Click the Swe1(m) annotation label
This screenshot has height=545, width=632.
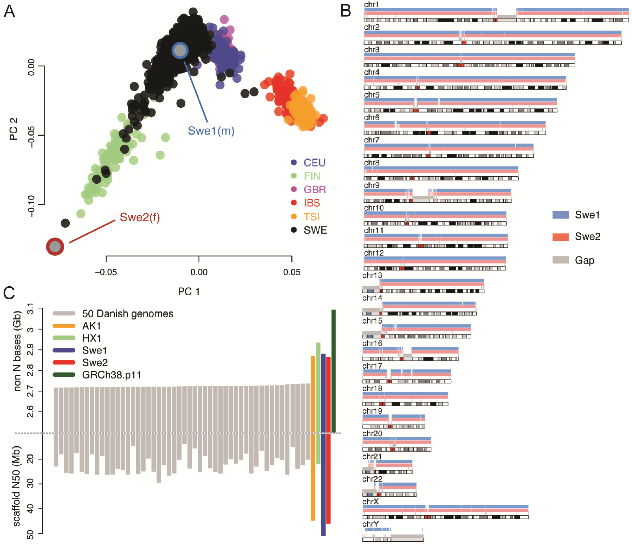point(211,131)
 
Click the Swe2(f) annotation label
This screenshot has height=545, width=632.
point(140,217)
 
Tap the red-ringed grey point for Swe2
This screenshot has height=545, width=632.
point(55,247)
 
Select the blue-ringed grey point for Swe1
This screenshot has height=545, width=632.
point(180,51)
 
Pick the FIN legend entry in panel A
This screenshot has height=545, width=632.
point(312,176)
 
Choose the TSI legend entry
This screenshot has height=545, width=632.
point(311,217)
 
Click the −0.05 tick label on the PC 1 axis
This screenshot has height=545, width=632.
point(106,272)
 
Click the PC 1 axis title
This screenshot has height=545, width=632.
point(189,292)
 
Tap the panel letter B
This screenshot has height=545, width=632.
point(346,11)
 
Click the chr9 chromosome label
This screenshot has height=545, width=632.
point(372,185)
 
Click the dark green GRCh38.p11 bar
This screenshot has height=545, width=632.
point(334,371)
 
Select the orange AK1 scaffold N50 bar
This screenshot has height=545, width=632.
point(313,477)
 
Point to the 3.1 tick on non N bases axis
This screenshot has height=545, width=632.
point(30,309)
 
